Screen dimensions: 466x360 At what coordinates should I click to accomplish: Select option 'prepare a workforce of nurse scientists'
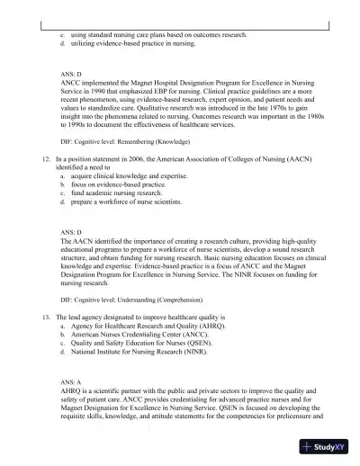[x=131, y=202]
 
